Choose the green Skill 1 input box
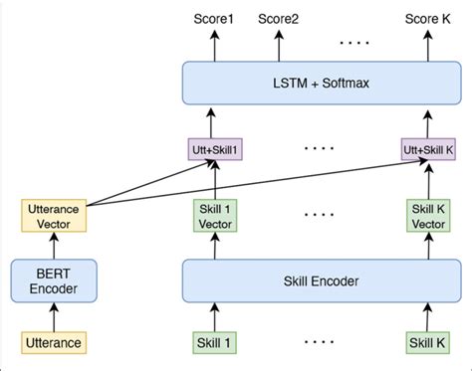pos(215,343)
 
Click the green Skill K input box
pos(427,343)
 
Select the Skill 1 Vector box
pos(215,217)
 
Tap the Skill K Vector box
pos(427,217)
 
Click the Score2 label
pos(278,19)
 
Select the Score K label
pos(427,19)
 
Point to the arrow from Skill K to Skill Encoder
pos(427,316)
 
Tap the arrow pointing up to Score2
pos(278,46)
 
